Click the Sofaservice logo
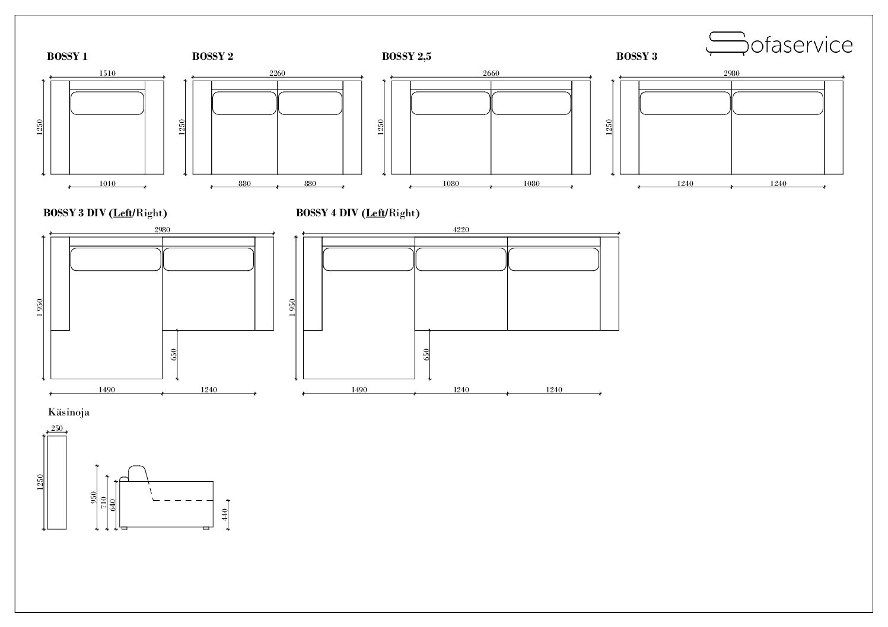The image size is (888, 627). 779,44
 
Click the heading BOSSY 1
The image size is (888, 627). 67,57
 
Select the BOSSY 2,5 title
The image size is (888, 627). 406,57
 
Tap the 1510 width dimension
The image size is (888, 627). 107,73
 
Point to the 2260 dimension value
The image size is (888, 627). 277,73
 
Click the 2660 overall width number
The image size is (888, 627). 491,73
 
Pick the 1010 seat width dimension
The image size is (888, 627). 107,183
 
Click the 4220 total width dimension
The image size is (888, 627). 461,230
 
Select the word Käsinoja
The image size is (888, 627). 69,412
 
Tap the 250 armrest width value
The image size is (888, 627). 57,428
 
